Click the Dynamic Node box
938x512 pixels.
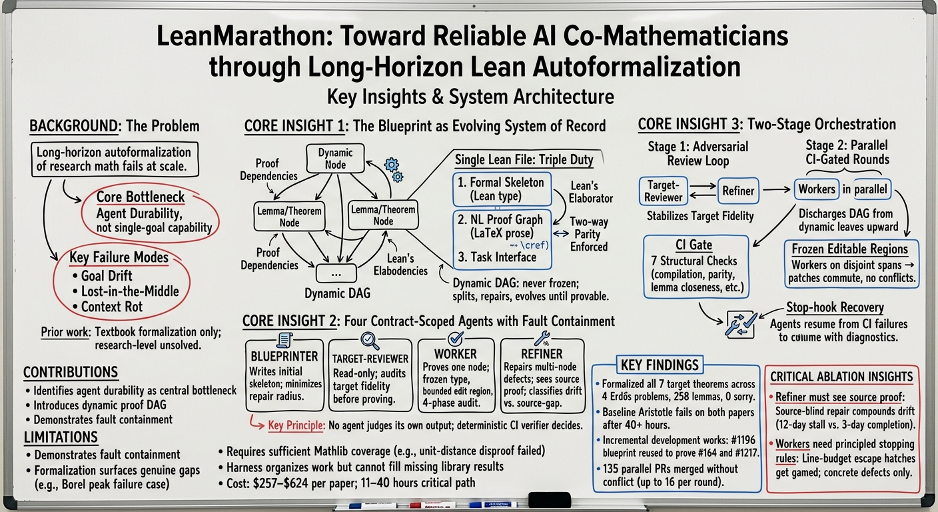click(x=335, y=159)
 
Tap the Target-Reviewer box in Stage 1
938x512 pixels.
click(x=664, y=191)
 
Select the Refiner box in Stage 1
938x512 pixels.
click(x=738, y=191)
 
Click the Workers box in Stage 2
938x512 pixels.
click(x=817, y=189)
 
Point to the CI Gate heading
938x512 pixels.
click(x=694, y=245)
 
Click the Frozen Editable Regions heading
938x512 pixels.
click(x=849, y=249)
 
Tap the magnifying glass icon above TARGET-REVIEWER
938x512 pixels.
click(x=370, y=341)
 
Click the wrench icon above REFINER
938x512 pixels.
click(x=542, y=339)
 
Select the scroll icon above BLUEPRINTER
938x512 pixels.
click(x=284, y=340)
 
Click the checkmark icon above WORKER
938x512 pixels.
click(x=456, y=338)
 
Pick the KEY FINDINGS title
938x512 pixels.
click(x=660, y=365)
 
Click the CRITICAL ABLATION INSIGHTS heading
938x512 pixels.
click(x=841, y=377)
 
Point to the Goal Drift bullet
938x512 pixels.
click(x=103, y=276)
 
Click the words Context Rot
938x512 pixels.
click(x=112, y=307)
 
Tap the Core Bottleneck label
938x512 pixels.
click(x=141, y=197)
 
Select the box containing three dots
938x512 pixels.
click(x=336, y=273)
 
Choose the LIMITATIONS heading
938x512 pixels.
click(x=61, y=437)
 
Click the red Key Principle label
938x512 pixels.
click(x=296, y=425)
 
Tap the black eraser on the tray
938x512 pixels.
click(x=550, y=500)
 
